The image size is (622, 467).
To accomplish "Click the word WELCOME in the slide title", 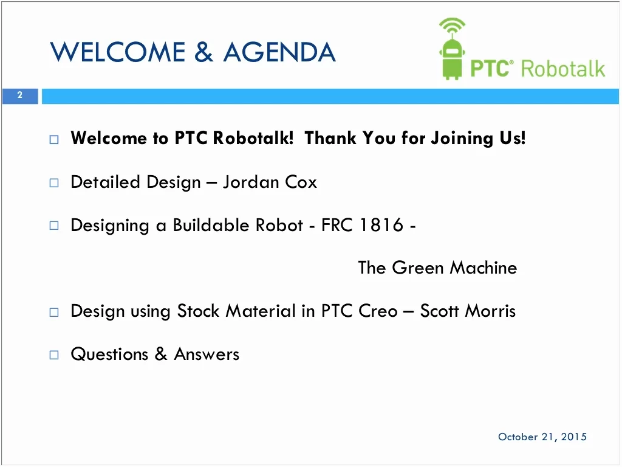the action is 117,52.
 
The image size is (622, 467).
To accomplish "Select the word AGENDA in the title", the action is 279,52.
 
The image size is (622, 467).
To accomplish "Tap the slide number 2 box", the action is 20,95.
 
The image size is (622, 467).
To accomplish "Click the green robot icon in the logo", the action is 452,49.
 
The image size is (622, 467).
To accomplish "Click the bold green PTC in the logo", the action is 490,68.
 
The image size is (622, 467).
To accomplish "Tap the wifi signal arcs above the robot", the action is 452,24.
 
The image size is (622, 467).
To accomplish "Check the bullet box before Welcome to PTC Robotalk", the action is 54,139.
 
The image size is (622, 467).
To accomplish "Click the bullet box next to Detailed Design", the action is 54,182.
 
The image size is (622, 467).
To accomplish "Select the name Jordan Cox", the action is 270,182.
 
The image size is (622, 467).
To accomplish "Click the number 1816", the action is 381,225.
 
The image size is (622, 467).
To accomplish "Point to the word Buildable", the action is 211,225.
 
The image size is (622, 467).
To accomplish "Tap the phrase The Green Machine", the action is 437,268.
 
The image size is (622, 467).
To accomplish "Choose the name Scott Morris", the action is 468,311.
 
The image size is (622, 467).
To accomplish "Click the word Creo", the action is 378,311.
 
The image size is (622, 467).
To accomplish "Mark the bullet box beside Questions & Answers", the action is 54,355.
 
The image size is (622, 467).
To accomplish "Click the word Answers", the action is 207,355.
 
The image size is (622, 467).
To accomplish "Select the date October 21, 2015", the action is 542,437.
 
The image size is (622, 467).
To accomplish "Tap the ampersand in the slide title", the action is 204,52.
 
